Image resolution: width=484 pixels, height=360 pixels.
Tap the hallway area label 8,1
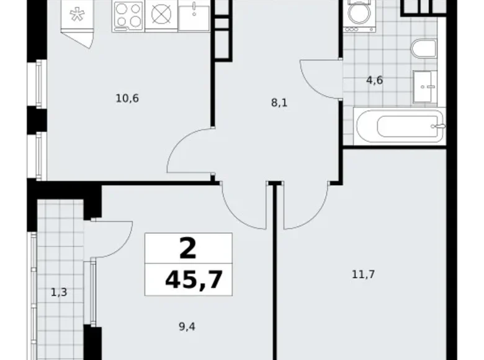pos(279,104)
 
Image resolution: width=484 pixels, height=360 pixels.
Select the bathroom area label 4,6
pos(374,80)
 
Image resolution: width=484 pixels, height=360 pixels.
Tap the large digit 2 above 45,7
pos(188,249)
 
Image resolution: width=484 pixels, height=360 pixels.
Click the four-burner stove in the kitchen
pos(128,16)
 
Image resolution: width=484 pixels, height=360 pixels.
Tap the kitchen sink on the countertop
pos(194,15)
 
